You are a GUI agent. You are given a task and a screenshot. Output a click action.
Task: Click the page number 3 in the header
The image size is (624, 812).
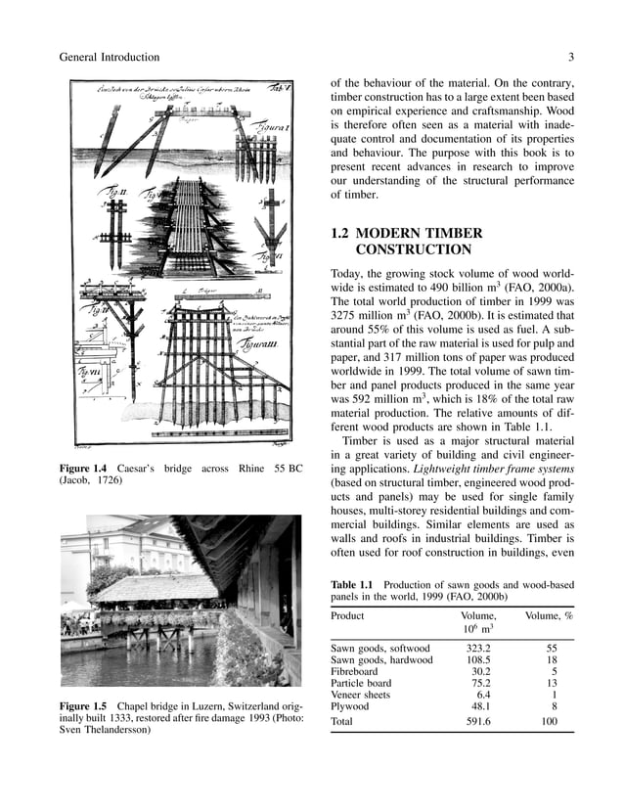tap(569, 58)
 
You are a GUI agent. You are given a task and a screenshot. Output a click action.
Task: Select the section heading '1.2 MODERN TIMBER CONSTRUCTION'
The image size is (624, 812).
tap(406, 242)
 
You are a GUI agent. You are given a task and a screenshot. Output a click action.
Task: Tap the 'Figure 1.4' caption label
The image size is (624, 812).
tap(86, 469)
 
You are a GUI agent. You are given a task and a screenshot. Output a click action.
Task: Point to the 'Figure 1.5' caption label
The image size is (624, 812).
tap(85, 705)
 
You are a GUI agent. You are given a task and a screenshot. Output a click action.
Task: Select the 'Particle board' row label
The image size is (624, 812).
tap(361, 684)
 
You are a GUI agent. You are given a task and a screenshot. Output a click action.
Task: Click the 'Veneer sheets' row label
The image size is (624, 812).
tap(361, 695)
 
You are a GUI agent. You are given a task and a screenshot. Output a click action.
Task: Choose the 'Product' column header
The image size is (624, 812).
tap(347, 616)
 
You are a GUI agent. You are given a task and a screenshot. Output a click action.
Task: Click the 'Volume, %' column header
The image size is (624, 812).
tap(549, 616)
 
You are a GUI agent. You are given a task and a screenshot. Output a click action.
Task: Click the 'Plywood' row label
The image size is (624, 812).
tap(350, 706)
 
